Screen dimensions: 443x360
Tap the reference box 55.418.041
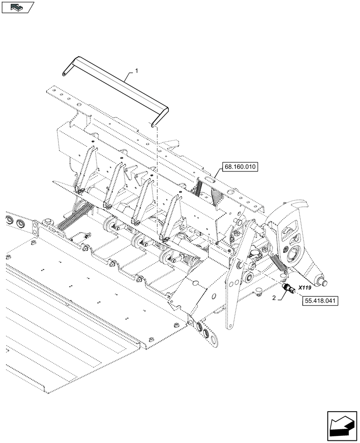coord(320,301)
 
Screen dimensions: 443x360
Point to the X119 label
coord(305,288)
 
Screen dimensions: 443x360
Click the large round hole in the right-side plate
coord(293,254)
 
